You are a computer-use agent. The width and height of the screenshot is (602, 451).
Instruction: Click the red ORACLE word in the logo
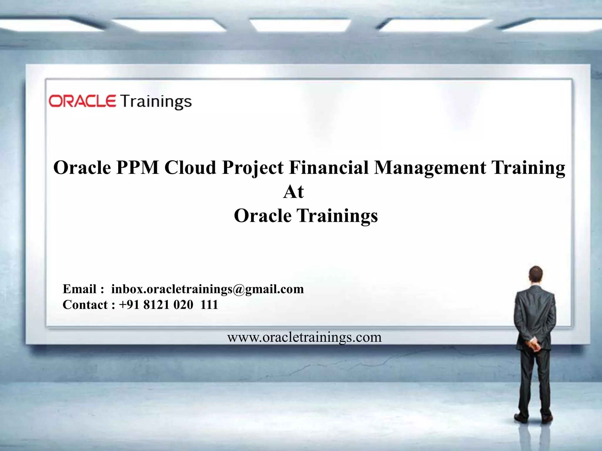82,101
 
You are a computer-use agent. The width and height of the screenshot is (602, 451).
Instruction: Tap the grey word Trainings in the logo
156,102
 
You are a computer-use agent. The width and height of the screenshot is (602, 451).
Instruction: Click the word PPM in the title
137,168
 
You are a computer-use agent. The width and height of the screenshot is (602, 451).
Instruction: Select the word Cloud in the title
190,168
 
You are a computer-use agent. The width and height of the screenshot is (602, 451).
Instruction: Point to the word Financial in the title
329,168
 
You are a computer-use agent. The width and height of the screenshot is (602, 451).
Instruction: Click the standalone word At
293,192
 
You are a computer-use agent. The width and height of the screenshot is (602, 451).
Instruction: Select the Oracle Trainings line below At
306,216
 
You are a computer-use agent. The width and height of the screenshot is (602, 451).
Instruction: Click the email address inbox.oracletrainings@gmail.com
207,289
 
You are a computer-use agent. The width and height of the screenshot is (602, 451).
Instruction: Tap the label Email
79,289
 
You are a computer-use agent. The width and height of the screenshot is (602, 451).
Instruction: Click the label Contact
85,305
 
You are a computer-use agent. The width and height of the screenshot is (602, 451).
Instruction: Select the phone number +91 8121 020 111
168,305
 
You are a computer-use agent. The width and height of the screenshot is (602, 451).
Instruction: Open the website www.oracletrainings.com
304,337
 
